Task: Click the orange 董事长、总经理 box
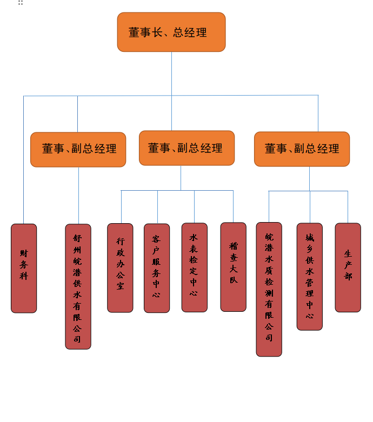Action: pos(171,32)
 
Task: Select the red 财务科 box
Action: pos(24,268)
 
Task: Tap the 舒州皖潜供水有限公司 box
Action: pos(78,286)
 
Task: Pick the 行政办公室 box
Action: pos(120,267)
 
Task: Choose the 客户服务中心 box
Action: pos(157,268)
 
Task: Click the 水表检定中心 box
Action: pos(194,267)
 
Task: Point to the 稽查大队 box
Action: pos(233,267)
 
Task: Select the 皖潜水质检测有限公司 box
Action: pos(269,289)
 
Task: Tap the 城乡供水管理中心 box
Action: pos(310,276)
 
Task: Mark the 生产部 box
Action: pos(348,267)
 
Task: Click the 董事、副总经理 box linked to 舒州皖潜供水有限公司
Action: pos(78,149)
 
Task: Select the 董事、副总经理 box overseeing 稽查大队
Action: pos(186,148)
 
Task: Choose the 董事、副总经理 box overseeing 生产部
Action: pos(302,149)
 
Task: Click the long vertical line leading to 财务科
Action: pos(23,162)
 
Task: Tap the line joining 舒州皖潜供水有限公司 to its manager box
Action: pos(78,195)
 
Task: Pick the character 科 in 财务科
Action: pos(24,276)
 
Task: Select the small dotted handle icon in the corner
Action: pos(21,3)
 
